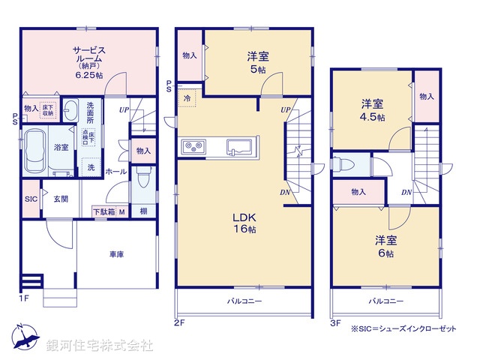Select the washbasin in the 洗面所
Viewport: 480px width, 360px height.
click(69, 109)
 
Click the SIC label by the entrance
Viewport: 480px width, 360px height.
click(31, 199)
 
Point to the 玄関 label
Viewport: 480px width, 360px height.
click(61, 199)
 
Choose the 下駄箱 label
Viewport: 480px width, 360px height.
click(103, 211)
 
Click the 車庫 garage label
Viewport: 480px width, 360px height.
click(115, 254)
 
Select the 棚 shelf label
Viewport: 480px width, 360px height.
click(142, 211)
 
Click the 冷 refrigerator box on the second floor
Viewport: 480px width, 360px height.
click(185, 98)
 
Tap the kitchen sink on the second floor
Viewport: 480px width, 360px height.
click(239, 145)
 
